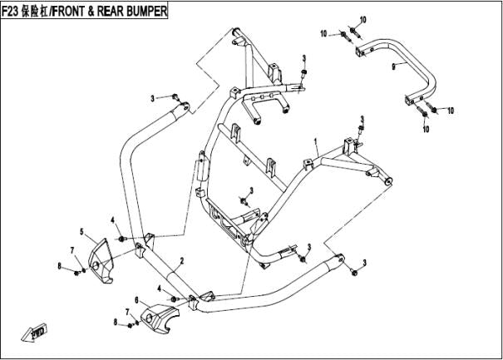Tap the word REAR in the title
click(113, 10)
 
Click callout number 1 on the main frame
click(316, 143)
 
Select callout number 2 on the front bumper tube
click(181, 260)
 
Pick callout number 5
click(81, 230)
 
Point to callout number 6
click(136, 298)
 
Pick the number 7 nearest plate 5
click(72, 249)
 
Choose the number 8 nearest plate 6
click(116, 321)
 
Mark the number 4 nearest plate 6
click(158, 288)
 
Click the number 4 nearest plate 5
click(112, 219)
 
